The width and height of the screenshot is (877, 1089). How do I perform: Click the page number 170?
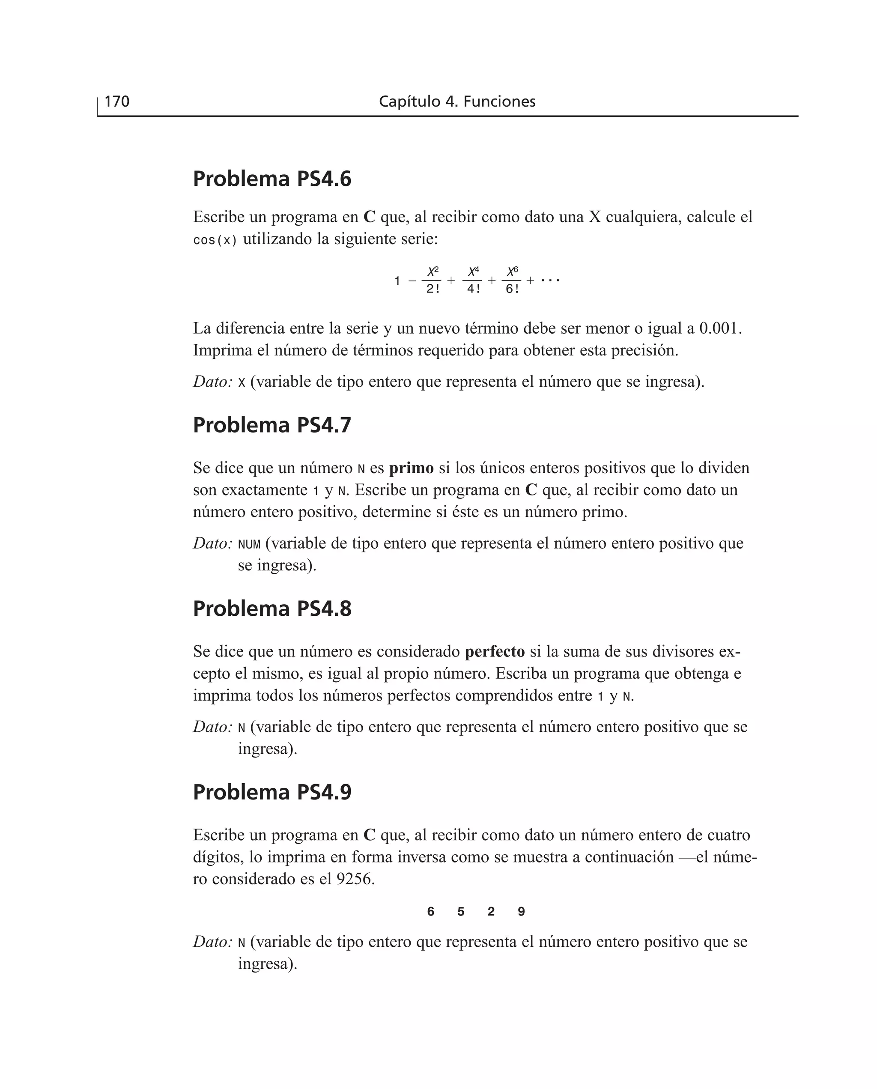[117, 101]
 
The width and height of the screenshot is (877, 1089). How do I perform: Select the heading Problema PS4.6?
[272, 179]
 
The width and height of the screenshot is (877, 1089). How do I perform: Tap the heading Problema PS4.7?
[272, 425]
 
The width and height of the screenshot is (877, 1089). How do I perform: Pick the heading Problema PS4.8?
[272, 609]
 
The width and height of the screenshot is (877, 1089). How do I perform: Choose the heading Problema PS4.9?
[272, 792]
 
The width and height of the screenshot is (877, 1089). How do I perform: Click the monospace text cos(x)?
[215, 240]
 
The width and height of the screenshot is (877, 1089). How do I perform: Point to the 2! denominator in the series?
[433, 289]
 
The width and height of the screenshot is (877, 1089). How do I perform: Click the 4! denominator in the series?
[473, 289]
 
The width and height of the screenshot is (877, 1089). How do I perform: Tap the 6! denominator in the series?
[512, 289]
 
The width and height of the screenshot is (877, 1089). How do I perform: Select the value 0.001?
[719, 328]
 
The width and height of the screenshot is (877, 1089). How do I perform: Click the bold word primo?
[411, 468]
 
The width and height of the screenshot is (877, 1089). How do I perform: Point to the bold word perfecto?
[495, 652]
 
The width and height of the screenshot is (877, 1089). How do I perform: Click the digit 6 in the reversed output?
[430, 911]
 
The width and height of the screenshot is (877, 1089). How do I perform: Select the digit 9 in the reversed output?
[521, 911]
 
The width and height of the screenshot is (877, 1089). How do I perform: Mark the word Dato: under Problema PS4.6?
[212, 382]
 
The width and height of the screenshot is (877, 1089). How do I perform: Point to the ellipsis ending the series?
[550, 280]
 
